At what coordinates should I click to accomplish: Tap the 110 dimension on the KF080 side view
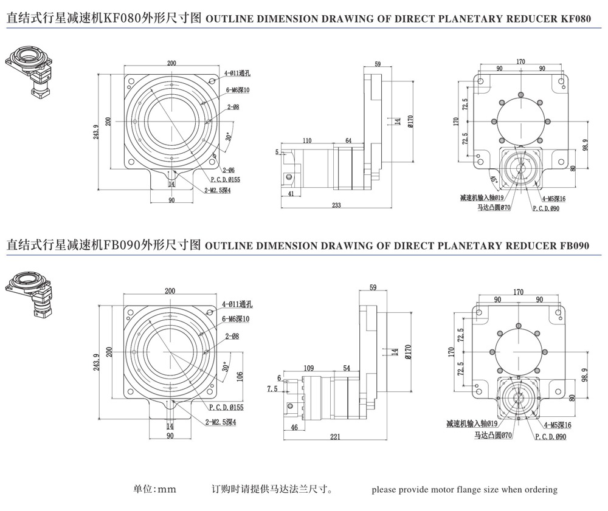307,140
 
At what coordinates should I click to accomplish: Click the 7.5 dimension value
272,388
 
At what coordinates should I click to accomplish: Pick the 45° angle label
494,180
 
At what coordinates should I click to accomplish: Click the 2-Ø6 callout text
229,170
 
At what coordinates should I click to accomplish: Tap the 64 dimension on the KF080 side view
348,140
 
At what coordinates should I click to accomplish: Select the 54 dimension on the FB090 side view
347,368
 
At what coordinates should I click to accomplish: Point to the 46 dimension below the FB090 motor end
294,428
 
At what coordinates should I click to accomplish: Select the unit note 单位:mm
154,489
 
